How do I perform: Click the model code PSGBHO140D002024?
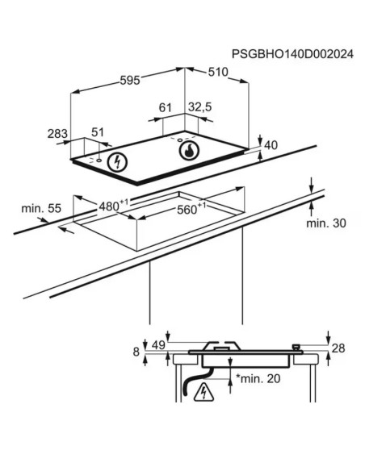point(292,54)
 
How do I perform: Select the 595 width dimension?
point(130,80)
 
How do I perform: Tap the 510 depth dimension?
point(218,72)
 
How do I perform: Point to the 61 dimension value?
point(165,107)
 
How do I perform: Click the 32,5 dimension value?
point(200,107)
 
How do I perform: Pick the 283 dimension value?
point(57,134)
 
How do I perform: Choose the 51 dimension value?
point(98,132)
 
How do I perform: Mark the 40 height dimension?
point(271,145)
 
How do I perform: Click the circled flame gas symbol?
point(189,150)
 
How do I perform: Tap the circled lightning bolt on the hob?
point(117,162)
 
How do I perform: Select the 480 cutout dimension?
point(113,206)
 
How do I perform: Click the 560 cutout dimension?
point(191,209)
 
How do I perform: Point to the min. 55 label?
point(41,208)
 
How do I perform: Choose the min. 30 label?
point(326,223)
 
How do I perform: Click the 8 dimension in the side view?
point(136,352)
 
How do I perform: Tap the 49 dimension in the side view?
point(158,345)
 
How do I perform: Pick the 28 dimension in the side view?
point(338,348)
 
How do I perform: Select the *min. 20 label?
point(258,378)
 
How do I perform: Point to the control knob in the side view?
point(296,348)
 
